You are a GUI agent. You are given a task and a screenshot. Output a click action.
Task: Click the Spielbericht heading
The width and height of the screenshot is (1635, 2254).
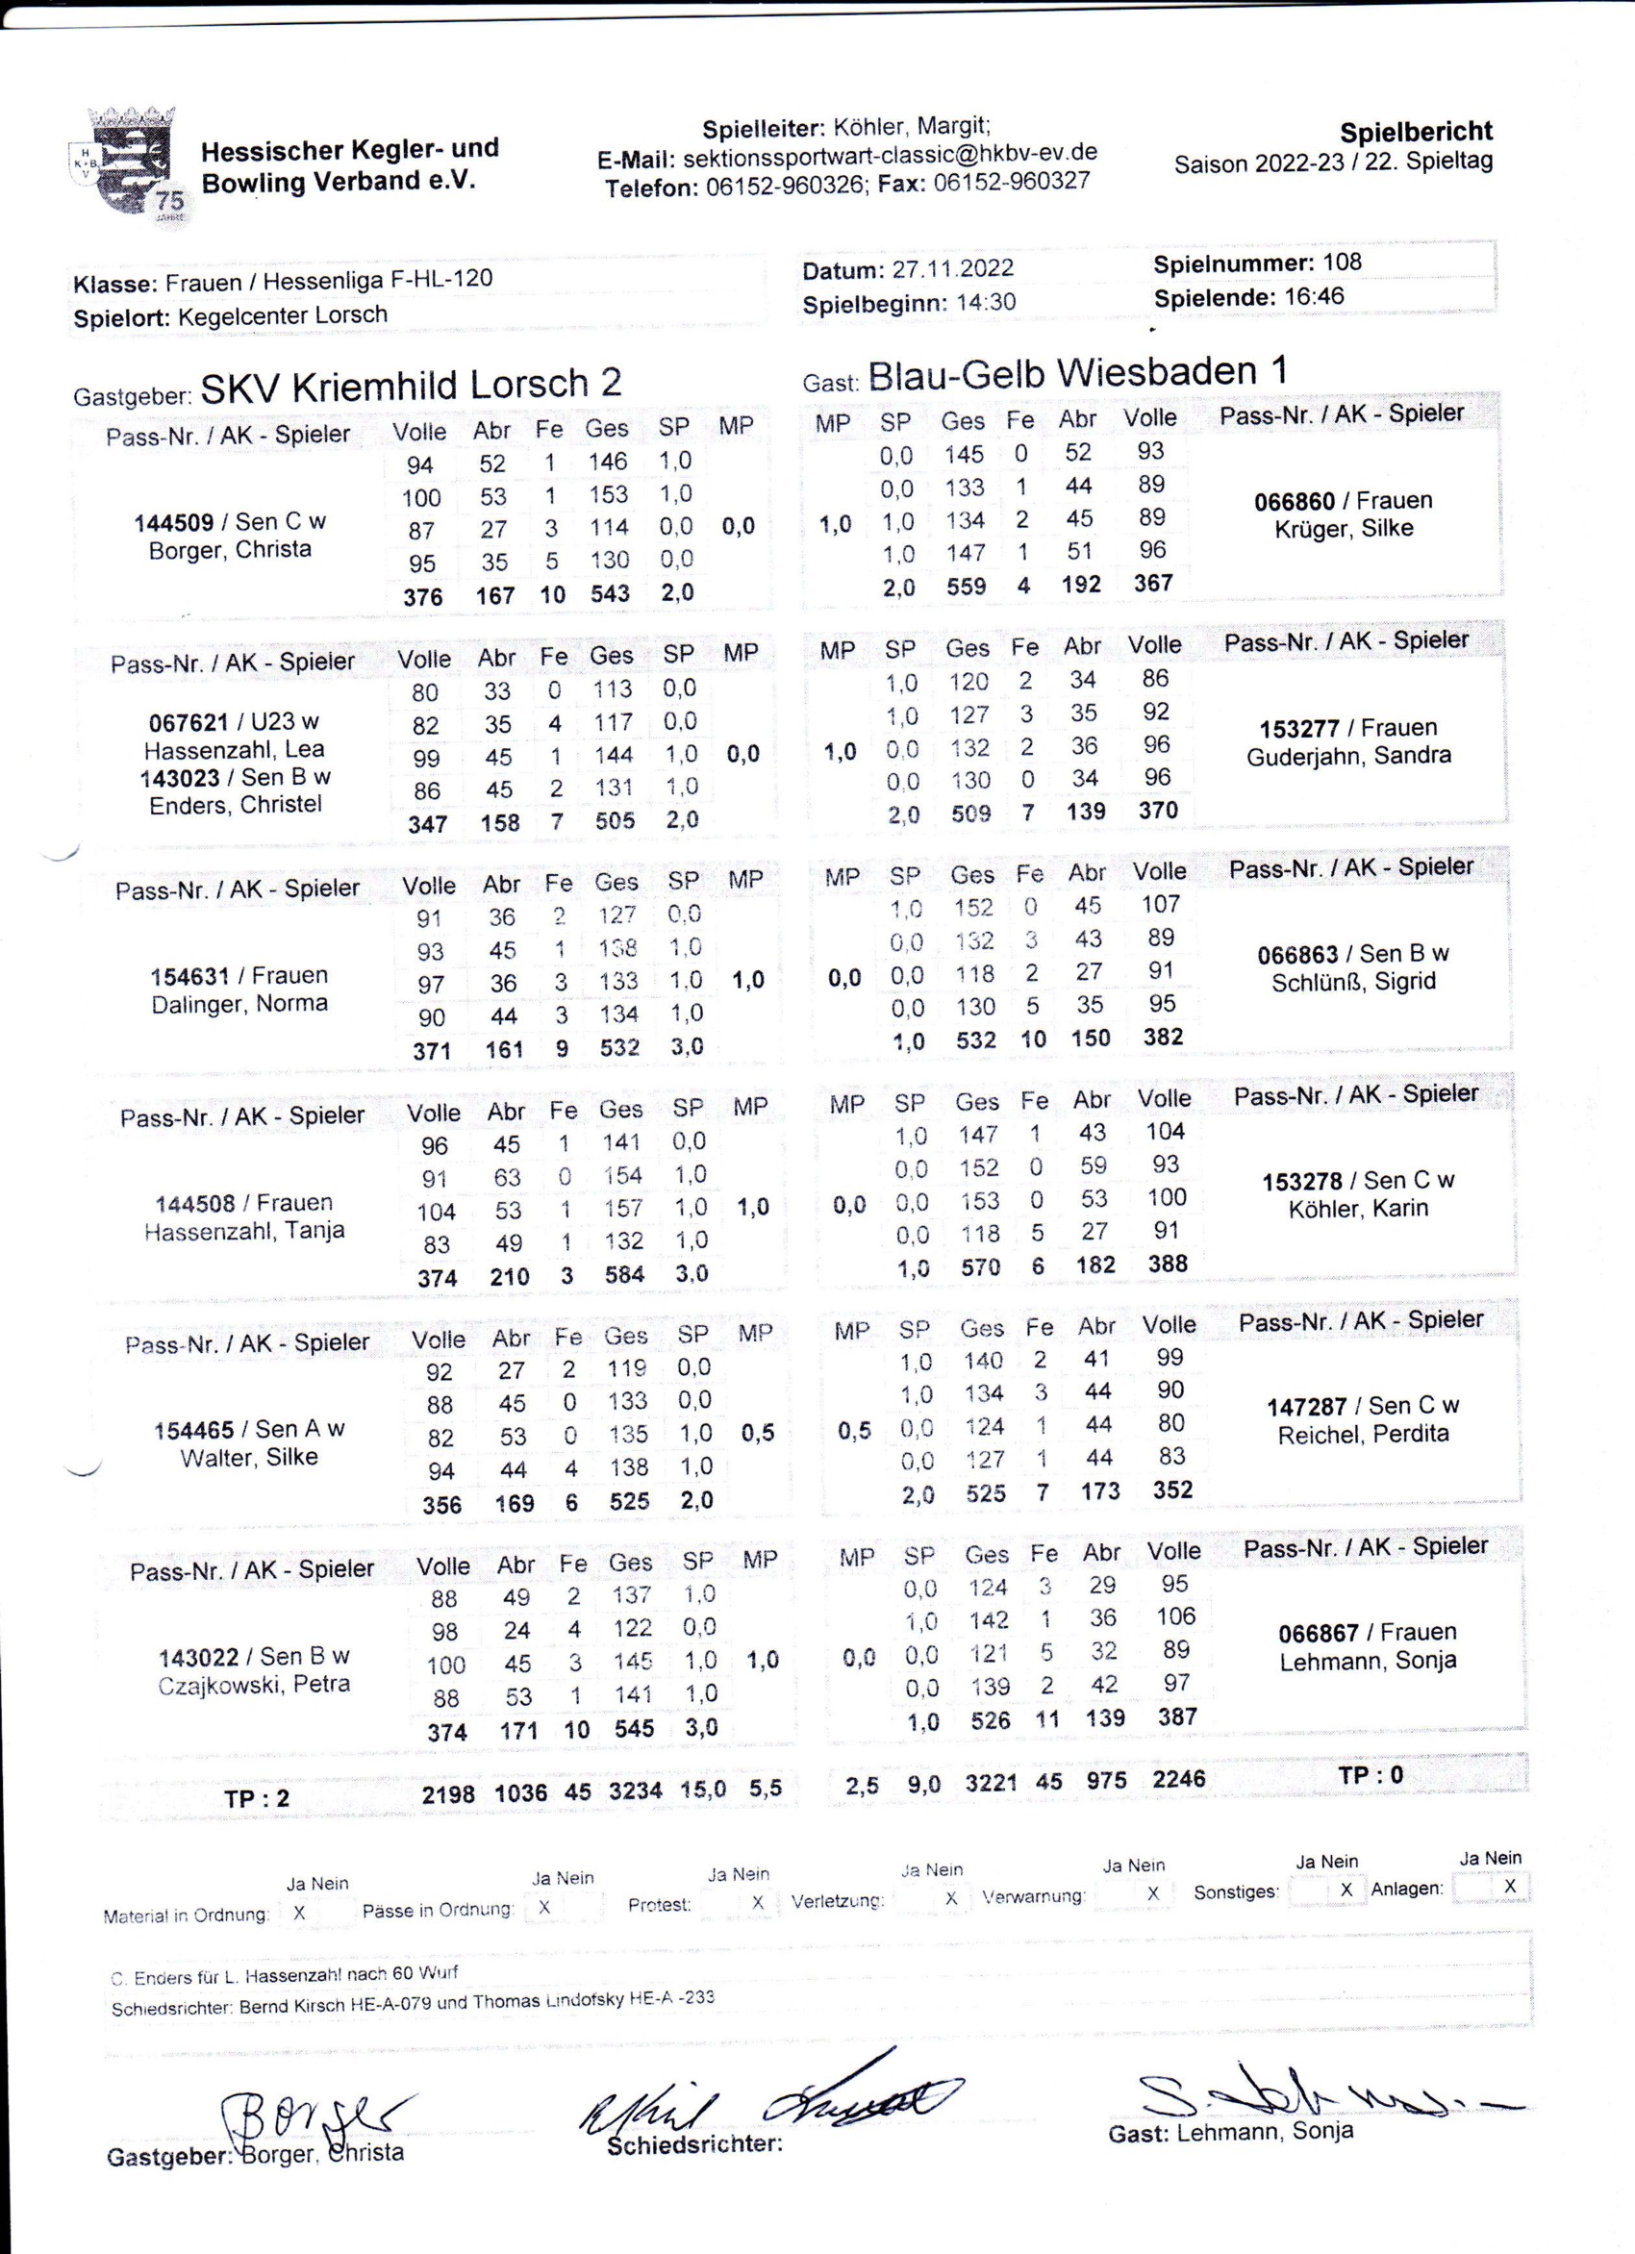(x=1416, y=132)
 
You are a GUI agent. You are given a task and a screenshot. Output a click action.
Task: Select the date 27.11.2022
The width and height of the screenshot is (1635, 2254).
(x=952, y=268)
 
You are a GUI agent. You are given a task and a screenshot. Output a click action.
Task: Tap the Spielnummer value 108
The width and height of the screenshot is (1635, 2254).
(x=1342, y=263)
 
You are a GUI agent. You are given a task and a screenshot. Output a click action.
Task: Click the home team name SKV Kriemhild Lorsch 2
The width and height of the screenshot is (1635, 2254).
(x=411, y=385)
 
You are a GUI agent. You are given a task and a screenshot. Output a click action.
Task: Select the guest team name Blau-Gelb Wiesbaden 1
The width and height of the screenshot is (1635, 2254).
(x=1077, y=373)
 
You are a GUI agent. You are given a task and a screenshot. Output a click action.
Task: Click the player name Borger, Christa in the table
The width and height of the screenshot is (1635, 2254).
(x=230, y=550)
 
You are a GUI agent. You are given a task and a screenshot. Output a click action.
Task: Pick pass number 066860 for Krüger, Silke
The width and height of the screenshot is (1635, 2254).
(x=1295, y=501)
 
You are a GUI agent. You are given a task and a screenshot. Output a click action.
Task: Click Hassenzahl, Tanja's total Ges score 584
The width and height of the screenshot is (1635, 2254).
(x=624, y=1274)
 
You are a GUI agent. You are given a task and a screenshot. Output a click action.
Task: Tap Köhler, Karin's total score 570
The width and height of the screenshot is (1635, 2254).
(x=980, y=1267)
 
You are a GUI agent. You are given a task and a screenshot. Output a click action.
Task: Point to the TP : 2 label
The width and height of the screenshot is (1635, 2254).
(x=258, y=1798)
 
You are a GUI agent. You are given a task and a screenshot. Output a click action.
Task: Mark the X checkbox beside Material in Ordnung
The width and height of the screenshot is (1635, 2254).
(x=299, y=1911)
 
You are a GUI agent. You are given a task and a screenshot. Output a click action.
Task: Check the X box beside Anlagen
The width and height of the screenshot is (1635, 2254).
(x=1509, y=1887)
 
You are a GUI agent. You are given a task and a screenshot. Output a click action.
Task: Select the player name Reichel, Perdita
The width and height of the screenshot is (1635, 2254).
(x=1363, y=1434)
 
